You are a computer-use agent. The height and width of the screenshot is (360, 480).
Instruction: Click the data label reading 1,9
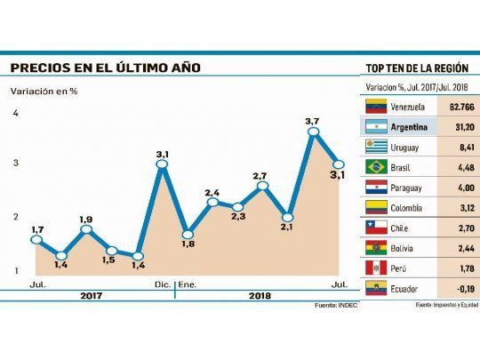point(85,220)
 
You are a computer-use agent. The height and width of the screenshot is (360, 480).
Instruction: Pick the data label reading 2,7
point(260,176)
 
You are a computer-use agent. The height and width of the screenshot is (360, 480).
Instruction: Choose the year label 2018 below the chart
point(260,294)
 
